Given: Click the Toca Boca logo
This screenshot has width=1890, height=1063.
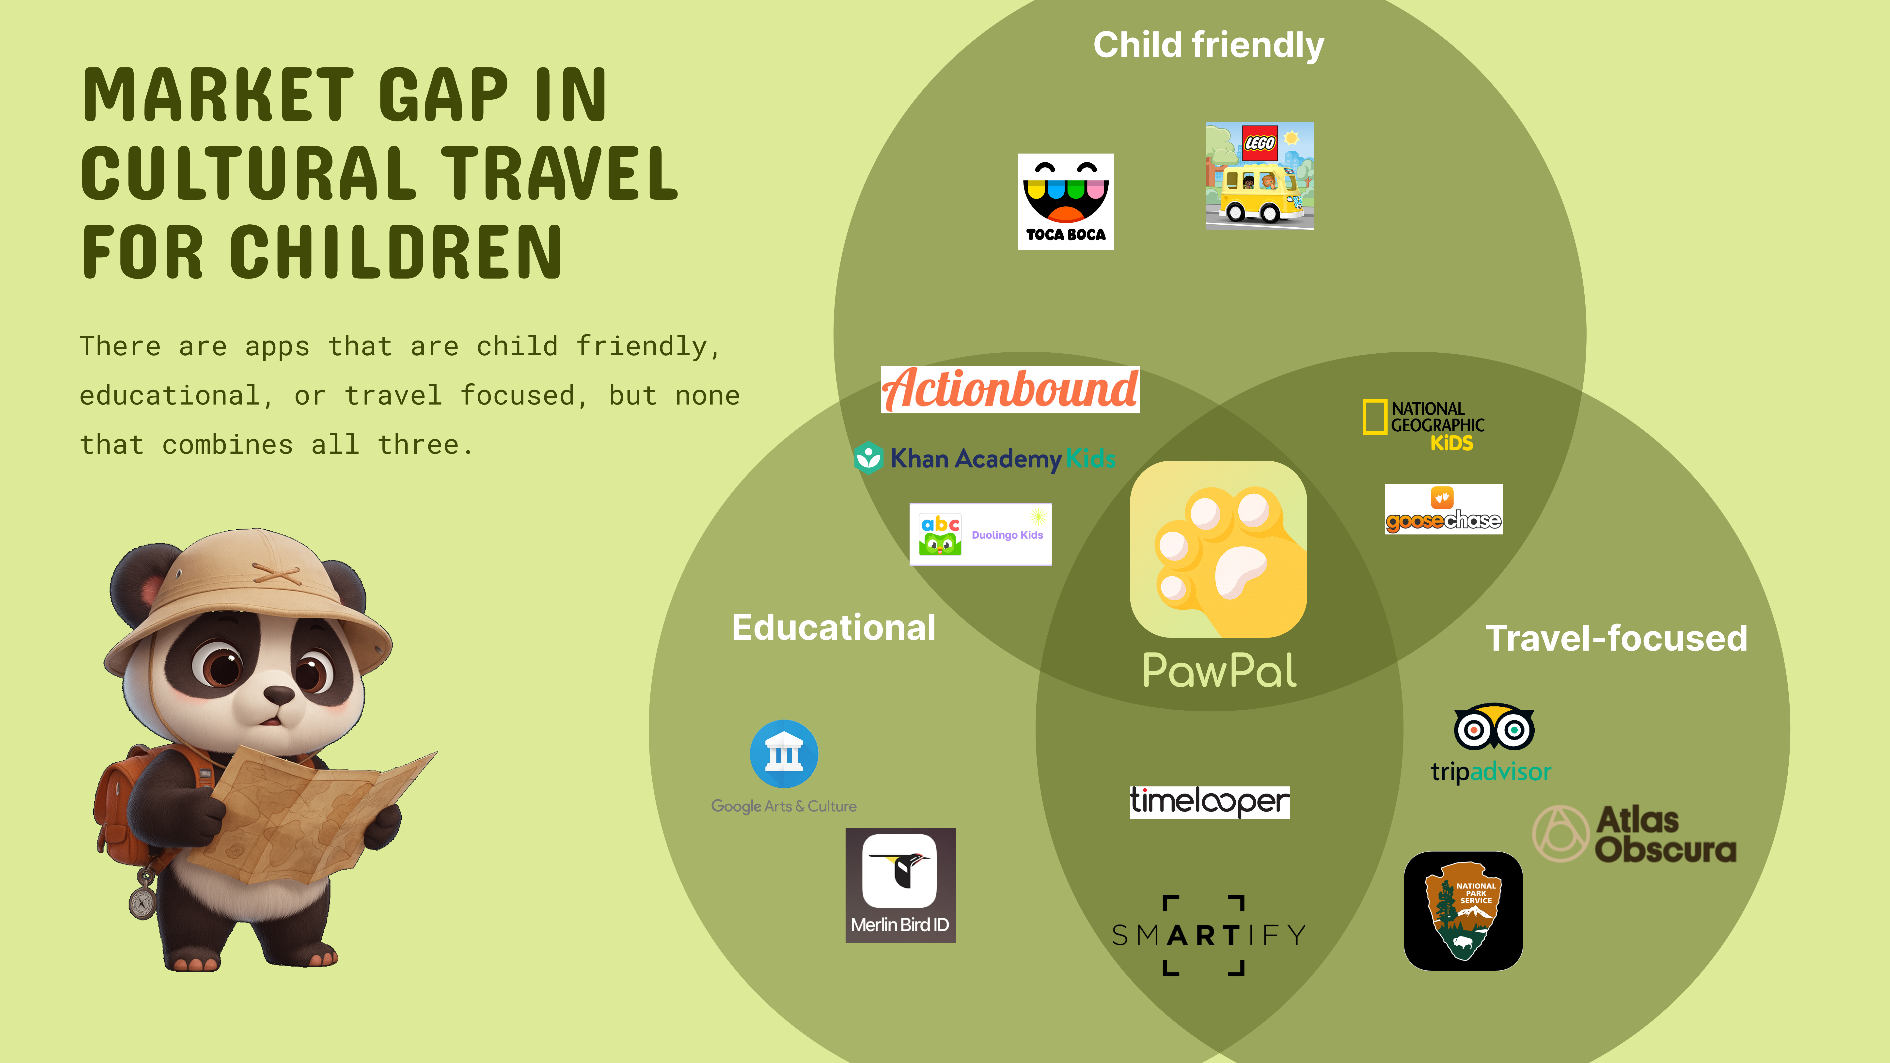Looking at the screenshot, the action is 1065,202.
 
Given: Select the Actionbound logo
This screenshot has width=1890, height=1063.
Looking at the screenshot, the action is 1010,390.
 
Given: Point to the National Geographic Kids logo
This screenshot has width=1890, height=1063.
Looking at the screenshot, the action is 1423,425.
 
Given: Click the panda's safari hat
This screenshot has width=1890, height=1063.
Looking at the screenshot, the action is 250,594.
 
